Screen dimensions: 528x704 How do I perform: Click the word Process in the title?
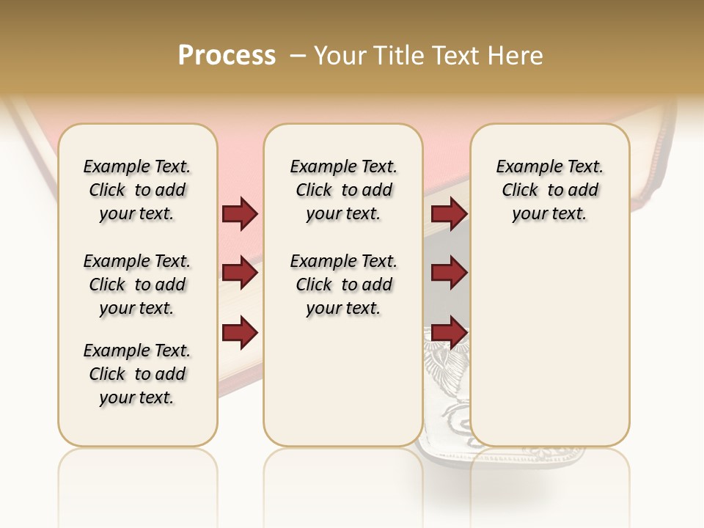(x=227, y=56)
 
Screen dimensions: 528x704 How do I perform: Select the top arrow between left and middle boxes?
(x=240, y=214)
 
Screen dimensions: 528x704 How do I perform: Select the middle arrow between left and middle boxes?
(x=240, y=274)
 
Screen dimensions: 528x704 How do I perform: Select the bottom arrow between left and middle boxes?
(x=240, y=333)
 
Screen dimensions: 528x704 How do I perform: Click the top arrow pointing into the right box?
(x=449, y=214)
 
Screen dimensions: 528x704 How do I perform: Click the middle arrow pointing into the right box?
(x=449, y=274)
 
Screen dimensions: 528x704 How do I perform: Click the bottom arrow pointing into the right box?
(x=449, y=333)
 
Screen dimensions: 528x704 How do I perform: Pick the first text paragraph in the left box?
(x=137, y=190)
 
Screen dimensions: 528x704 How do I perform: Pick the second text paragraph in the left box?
(x=137, y=285)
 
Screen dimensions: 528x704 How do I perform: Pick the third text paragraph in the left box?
(x=137, y=374)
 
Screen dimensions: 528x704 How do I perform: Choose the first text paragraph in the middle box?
(x=343, y=190)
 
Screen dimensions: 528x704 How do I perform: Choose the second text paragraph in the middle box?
(x=343, y=285)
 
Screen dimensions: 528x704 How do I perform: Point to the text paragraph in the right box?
(x=549, y=190)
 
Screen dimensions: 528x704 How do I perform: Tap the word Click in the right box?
(x=520, y=191)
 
